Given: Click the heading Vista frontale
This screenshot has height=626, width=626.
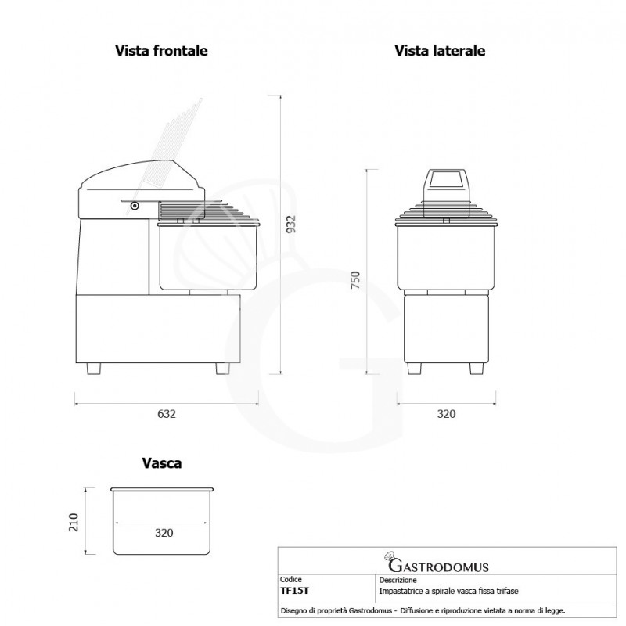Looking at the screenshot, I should (161, 51).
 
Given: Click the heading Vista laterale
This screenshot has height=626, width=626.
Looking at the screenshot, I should (440, 51).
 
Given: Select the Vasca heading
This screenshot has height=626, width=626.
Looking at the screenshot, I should (162, 463).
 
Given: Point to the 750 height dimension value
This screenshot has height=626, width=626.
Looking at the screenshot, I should (354, 280).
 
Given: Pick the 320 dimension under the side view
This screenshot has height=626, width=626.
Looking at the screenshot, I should (445, 414).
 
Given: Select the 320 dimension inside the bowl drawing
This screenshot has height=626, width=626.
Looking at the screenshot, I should (164, 533).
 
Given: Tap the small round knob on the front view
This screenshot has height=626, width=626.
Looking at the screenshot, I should (135, 206).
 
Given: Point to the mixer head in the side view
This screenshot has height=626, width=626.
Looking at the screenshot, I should (445, 185).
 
